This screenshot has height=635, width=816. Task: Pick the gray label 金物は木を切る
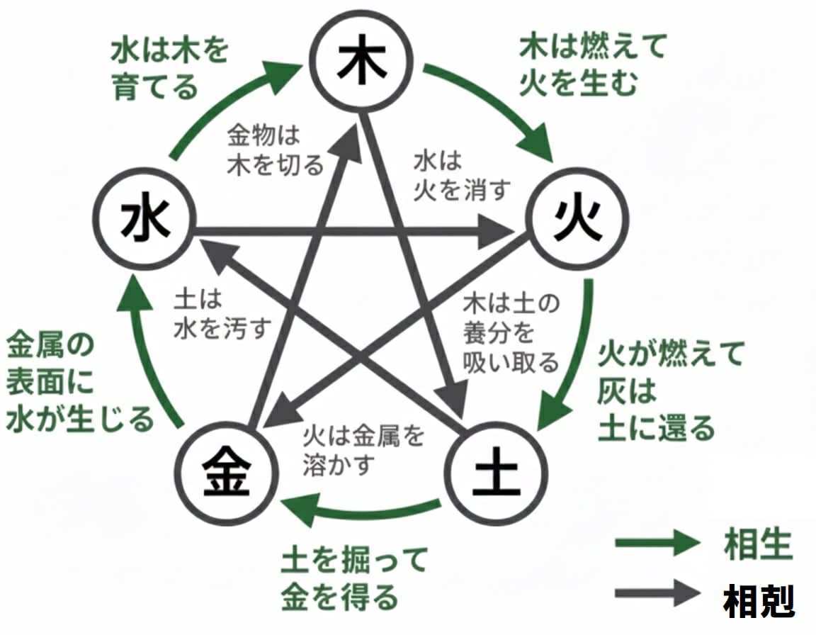[x=274, y=150]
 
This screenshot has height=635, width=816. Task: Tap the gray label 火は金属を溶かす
[x=362, y=450]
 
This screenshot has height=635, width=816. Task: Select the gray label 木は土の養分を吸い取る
[x=510, y=334]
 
